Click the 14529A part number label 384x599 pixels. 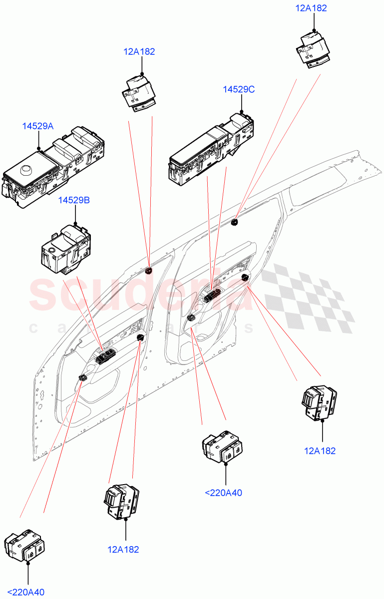[37, 126]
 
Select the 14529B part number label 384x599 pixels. [74, 200]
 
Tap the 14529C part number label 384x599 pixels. [239, 89]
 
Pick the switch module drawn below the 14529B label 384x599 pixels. [66, 249]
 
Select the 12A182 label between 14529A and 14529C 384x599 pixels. [139, 51]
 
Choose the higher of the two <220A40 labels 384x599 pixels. [223, 493]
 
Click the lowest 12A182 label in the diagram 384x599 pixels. [123, 550]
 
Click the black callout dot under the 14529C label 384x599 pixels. [241, 112]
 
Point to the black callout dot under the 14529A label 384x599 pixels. [39, 148]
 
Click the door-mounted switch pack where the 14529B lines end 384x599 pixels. [106, 355]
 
